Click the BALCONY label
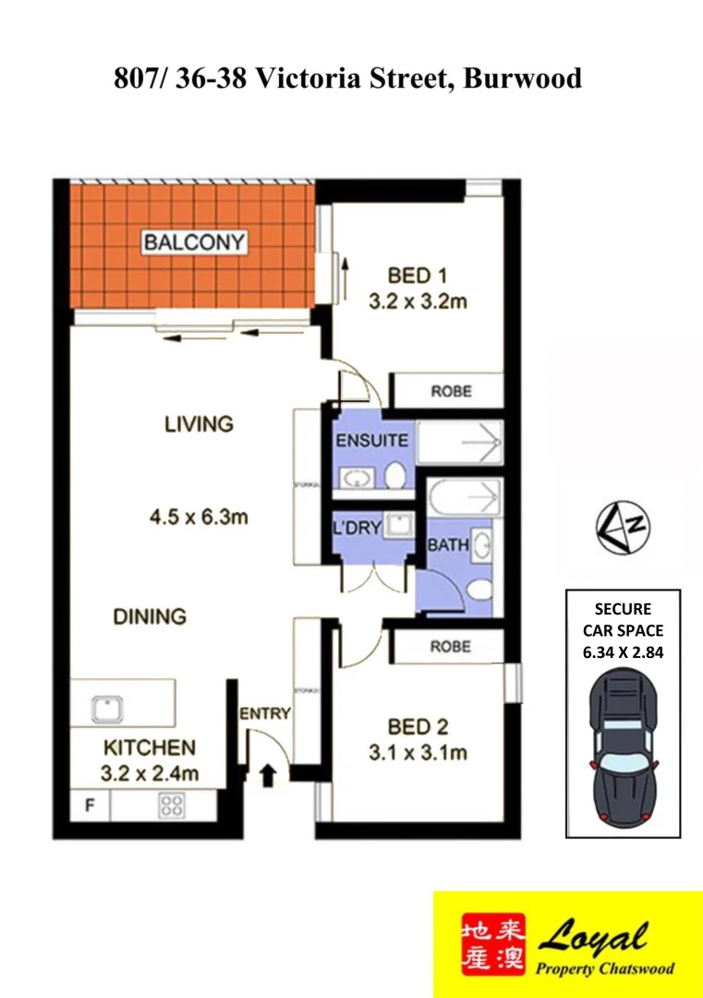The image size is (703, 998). click(x=195, y=243)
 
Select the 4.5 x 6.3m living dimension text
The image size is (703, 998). click(x=198, y=517)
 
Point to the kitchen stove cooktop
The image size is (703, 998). click(x=172, y=804)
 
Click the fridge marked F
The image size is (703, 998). click(x=90, y=805)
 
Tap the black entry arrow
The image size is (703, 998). click(x=268, y=774)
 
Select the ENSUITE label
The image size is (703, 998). click(x=371, y=441)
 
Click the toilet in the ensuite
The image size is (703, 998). click(x=395, y=476)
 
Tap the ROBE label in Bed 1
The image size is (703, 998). click(x=450, y=391)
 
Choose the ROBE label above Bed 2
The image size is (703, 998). click(x=450, y=647)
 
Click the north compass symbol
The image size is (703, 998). click(x=622, y=527)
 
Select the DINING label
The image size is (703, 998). click(x=150, y=616)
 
